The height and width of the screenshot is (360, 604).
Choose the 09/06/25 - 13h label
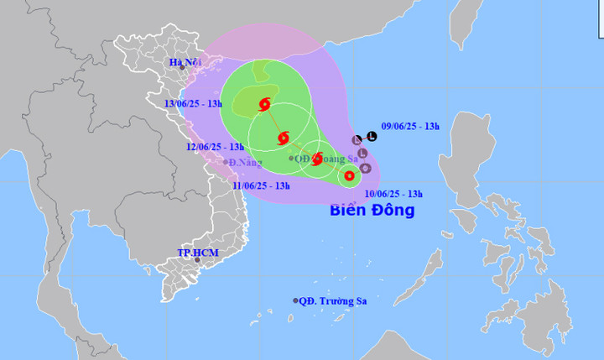(409, 126)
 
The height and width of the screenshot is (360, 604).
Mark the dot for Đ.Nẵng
(226, 162)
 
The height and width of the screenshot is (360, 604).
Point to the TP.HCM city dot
(197, 260)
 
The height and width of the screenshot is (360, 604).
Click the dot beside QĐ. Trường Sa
(295, 300)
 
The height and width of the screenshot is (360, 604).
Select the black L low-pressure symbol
(372, 136)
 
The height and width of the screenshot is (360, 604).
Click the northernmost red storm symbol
(265, 105)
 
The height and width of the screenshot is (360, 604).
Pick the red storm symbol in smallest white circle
(349, 175)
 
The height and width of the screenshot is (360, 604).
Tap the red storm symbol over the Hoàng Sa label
(317, 158)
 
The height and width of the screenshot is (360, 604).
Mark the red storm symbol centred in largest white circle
(283, 137)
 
